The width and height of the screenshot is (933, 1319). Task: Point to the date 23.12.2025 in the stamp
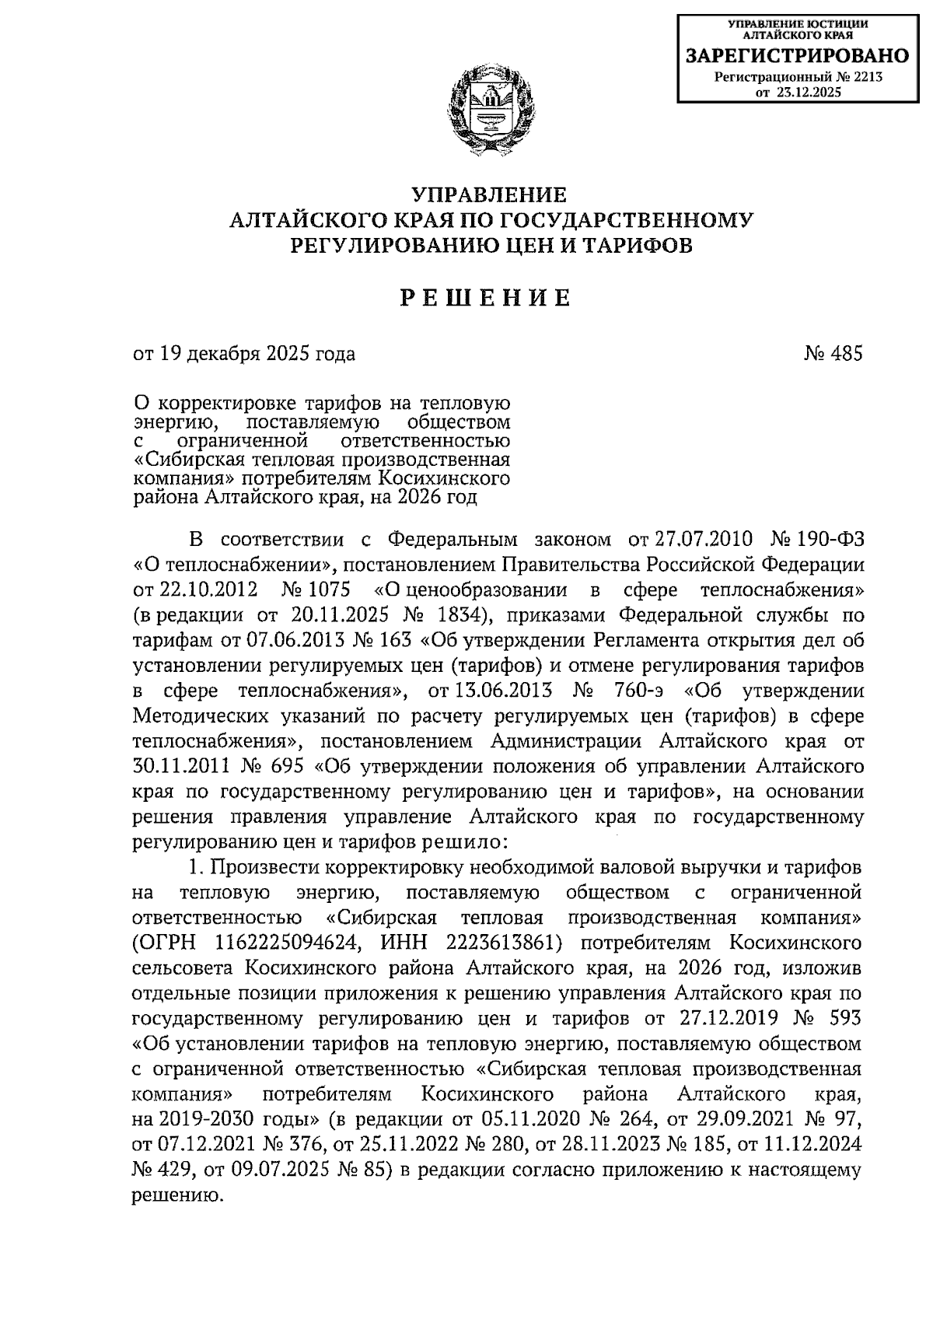pos(809,93)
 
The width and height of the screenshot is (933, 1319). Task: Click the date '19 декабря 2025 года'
pos(256,354)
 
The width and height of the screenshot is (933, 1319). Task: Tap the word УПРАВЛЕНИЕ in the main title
pos(488,194)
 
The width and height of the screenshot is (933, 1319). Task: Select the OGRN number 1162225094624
pos(285,943)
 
